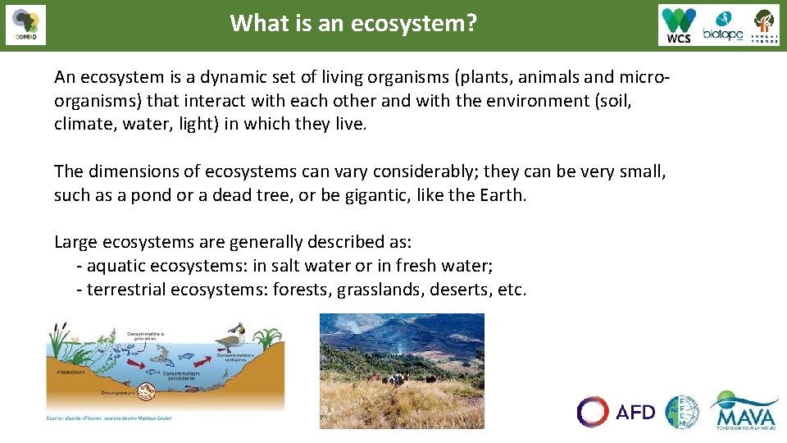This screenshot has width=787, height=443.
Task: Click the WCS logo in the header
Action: point(679,25)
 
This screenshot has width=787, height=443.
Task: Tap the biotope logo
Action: point(722,26)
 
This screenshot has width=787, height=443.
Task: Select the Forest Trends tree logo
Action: point(764,25)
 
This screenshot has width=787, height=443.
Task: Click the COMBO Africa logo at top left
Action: point(25,25)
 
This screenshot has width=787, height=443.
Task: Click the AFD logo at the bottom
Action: point(616,411)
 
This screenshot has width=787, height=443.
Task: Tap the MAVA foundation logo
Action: point(744,410)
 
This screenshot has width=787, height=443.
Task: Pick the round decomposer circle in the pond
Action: point(149,390)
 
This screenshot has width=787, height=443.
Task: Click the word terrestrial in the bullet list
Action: point(127,290)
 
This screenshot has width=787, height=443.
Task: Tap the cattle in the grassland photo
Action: point(398,379)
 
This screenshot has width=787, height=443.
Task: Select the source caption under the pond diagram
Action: point(109,418)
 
